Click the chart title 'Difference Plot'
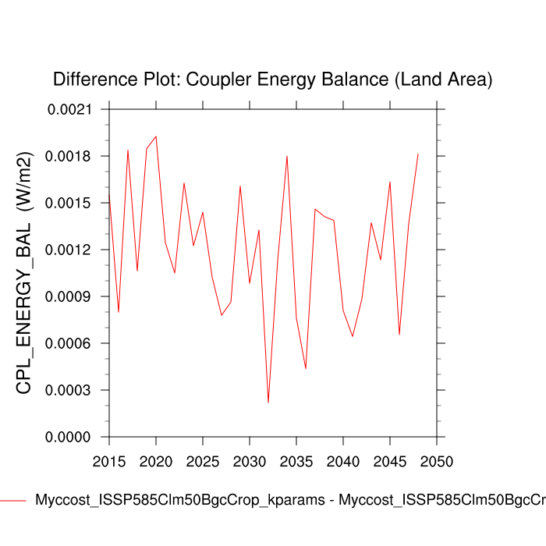click(272, 79)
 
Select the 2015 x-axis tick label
click(109, 461)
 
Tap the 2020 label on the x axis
click(156, 461)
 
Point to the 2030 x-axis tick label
click(250, 461)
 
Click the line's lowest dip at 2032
click(268, 402)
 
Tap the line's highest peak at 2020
click(156, 136)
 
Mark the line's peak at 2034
click(287, 156)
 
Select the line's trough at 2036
click(306, 368)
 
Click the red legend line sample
click(13, 500)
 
